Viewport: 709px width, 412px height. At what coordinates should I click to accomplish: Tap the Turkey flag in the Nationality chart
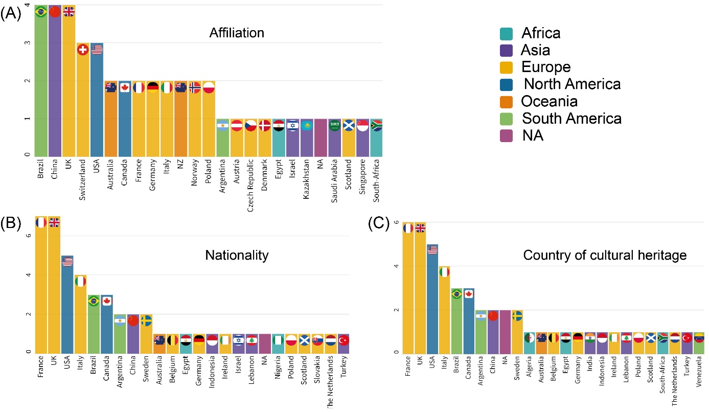click(344, 340)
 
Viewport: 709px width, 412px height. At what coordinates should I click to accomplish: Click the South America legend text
click(571, 118)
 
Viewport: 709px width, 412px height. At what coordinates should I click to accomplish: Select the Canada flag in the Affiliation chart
click(124, 87)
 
